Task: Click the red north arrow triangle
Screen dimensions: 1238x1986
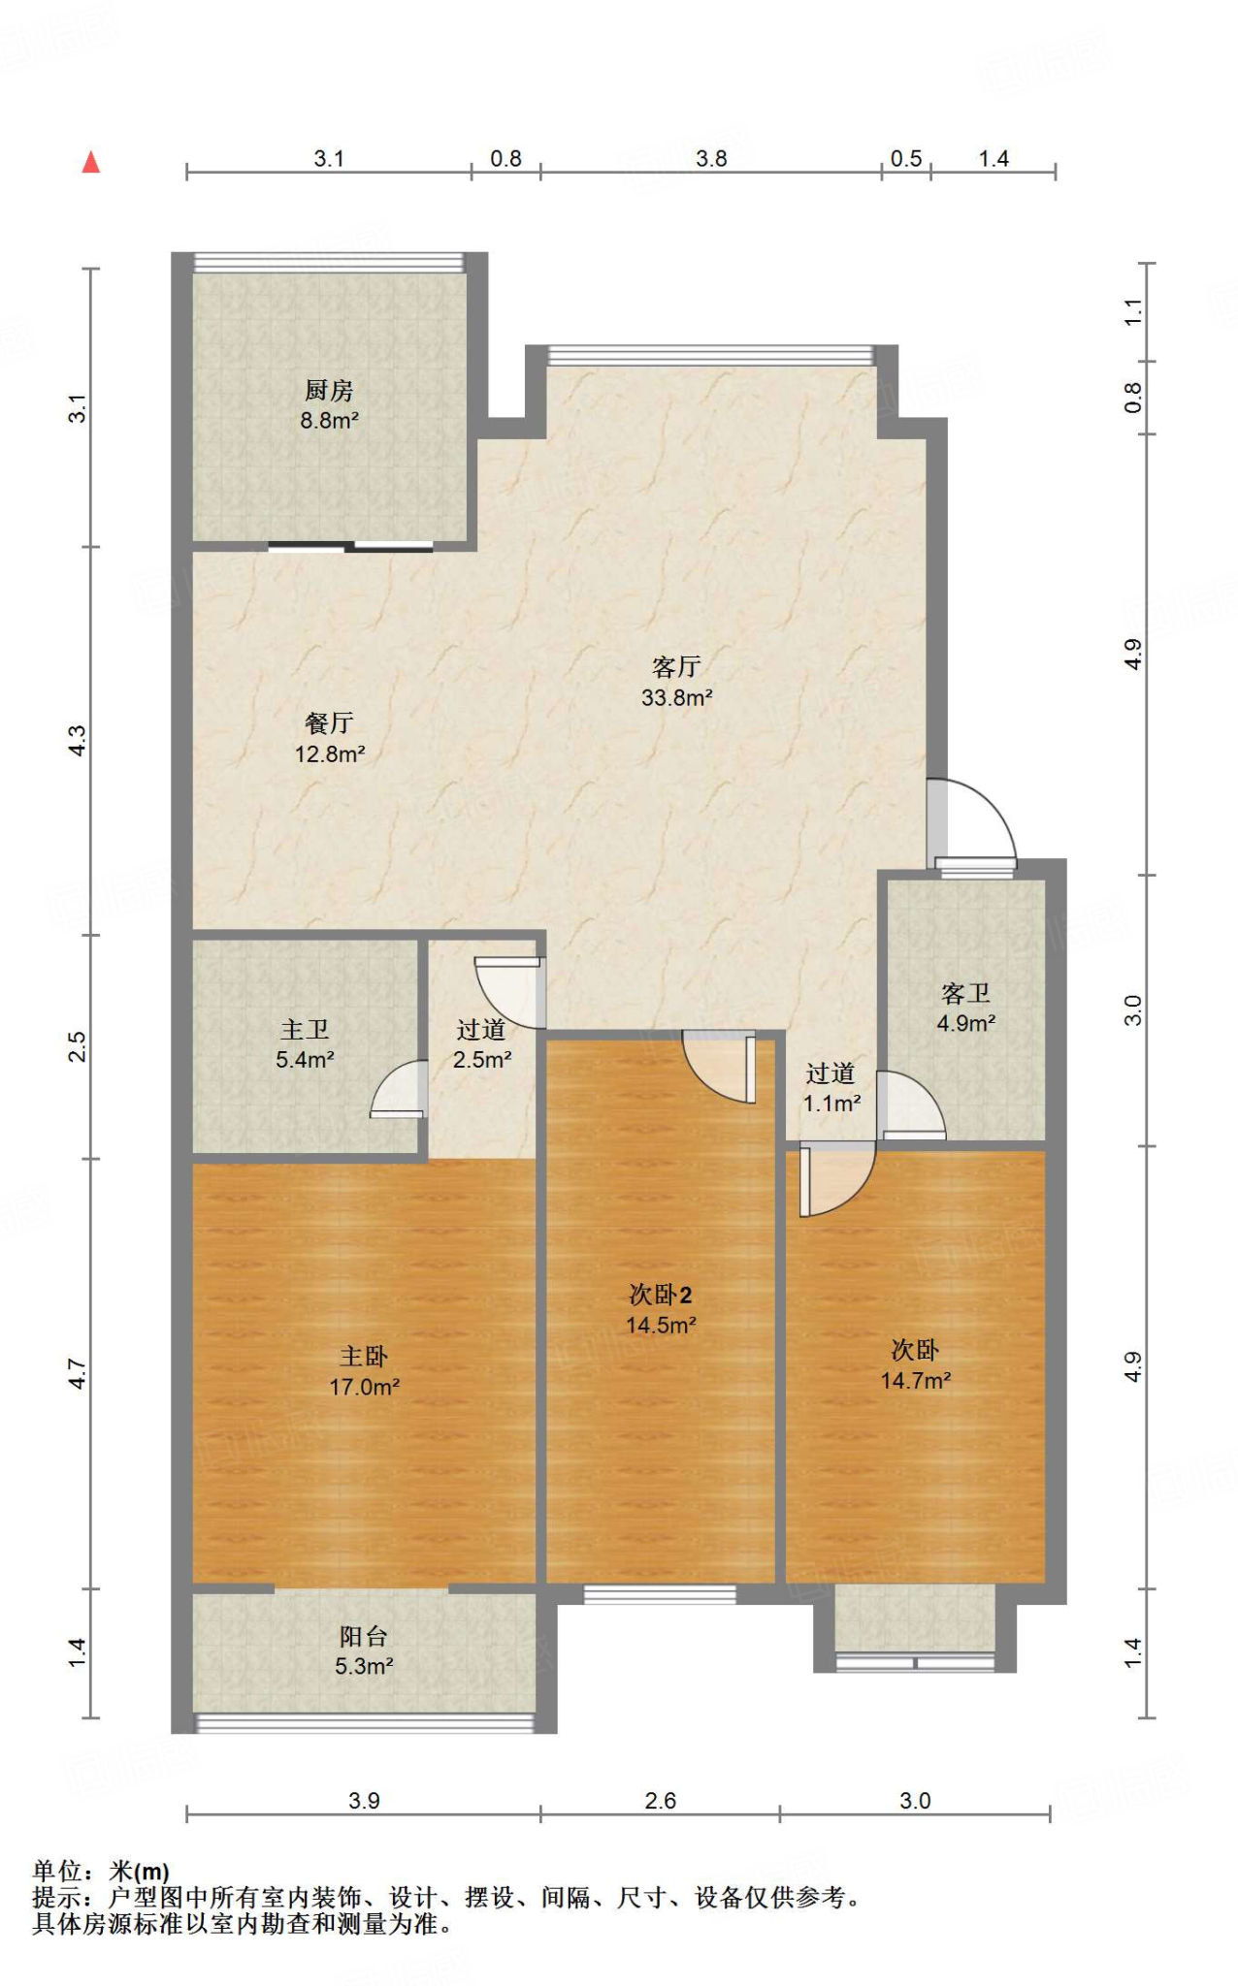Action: pos(91,162)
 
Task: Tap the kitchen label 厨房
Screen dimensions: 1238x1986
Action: pos(329,390)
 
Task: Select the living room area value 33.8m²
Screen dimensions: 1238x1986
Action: pos(677,697)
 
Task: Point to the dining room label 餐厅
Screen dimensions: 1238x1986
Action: pos(329,722)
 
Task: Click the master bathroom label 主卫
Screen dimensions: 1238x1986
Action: pos(305,1029)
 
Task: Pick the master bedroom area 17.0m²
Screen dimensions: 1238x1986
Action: pos(365,1387)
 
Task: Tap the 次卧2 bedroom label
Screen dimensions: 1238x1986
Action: pos(661,1295)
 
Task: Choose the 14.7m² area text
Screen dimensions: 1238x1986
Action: pos(916,1380)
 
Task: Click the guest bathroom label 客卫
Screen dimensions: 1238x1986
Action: pos(965,993)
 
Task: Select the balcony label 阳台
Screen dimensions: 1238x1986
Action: pos(364,1636)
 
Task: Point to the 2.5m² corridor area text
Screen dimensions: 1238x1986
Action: pos(482,1059)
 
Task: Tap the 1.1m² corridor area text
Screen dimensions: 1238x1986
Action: pos(832,1103)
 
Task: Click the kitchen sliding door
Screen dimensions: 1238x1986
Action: pos(350,547)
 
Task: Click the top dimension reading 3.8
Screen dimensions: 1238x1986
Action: pos(711,159)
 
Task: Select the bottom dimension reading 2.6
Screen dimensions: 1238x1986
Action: pos(660,1801)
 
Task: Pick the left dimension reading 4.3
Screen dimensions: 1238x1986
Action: pos(78,742)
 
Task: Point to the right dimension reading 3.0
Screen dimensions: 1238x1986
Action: pos(1133,1010)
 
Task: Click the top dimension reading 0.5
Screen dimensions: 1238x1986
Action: pos(906,159)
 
